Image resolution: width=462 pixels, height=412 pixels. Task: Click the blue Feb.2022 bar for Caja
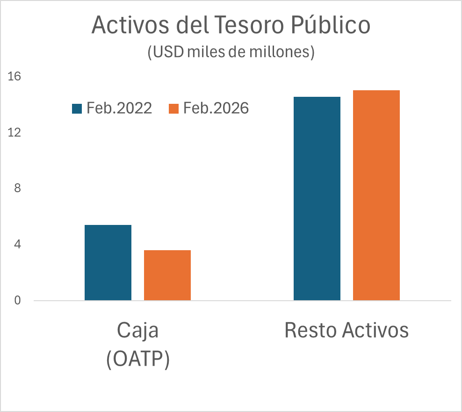108,262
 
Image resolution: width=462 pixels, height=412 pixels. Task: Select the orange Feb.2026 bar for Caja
167,275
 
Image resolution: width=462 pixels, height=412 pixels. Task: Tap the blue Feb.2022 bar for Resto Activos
317,198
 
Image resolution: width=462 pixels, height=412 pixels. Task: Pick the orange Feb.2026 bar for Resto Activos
376,195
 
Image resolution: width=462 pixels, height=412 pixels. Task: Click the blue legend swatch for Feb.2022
77,108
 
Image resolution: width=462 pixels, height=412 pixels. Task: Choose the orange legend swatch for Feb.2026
173,108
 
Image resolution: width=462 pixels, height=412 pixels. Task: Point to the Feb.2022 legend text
119,108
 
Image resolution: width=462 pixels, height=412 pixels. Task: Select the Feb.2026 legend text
216,108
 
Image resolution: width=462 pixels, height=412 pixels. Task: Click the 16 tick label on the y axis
14,76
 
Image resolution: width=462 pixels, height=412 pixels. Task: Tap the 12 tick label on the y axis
14,132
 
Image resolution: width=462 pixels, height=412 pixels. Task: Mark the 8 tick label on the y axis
17,188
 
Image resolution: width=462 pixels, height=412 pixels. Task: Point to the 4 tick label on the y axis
17,245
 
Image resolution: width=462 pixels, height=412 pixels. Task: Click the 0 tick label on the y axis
17,301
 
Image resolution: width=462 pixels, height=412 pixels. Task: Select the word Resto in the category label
310,330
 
